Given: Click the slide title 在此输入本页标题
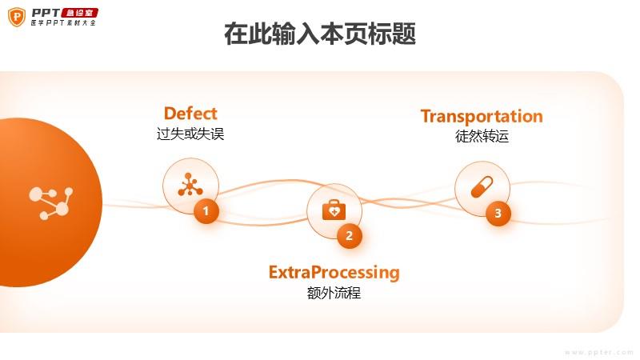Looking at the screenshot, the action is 320,34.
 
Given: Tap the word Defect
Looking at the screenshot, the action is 190,114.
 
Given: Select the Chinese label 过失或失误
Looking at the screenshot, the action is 190,134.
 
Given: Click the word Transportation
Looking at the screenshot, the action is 482,116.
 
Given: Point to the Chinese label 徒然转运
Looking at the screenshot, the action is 482,136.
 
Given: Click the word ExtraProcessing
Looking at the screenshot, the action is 334,272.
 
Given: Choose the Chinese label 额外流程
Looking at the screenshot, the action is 334,293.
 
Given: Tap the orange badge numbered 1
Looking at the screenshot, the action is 206,211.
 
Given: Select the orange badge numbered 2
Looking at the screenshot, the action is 350,236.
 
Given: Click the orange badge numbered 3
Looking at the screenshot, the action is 498,213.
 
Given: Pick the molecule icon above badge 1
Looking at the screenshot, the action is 190,185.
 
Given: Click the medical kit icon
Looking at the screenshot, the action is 334,210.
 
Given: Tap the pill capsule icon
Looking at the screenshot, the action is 482,187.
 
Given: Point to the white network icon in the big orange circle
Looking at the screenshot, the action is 51,203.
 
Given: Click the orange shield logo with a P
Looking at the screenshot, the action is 17,17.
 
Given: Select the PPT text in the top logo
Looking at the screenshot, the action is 46,13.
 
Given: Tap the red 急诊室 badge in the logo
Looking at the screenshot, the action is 79,13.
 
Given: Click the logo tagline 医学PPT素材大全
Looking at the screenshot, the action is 63,23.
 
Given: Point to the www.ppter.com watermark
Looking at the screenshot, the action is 598,352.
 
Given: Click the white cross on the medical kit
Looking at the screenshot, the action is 334,212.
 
